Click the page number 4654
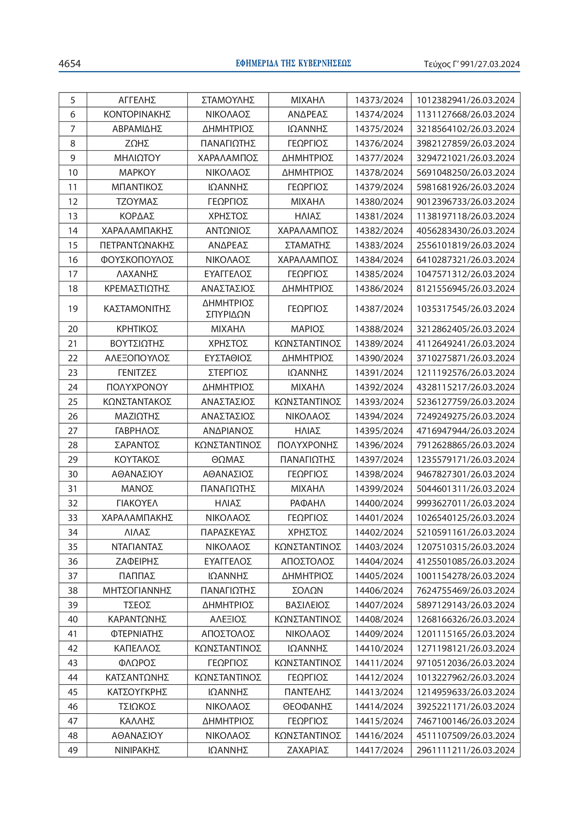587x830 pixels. click(x=70, y=64)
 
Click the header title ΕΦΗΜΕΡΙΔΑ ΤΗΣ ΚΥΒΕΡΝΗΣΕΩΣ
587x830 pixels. click(x=293, y=64)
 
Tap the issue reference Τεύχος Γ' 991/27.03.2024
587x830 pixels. click(x=472, y=64)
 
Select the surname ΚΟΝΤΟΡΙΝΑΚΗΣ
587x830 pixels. click(x=137, y=115)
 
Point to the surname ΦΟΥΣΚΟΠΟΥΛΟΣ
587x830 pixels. click(x=137, y=260)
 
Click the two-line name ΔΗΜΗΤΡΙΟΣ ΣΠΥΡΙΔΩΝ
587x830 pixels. click(x=228, y=309)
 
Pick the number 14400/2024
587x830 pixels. click(x=379, y=503)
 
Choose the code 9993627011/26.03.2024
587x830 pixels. click(x=466, y=503)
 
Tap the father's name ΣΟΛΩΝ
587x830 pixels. click(x=308, y=590)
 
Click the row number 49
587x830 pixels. click(x=73, y=750)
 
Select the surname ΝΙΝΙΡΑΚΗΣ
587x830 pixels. click(x=137, y=750)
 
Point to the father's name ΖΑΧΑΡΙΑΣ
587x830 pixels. click(x=308, y=750)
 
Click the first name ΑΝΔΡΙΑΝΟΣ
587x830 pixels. click(x=228, y=431)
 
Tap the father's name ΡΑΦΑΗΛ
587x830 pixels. click(x=308, y=503)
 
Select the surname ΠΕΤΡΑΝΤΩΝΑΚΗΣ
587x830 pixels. click(x=137, y=246)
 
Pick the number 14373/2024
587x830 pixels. click(x=379, y=100)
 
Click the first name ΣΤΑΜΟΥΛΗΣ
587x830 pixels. click(x=228, y=100)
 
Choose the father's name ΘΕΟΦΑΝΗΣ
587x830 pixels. click(x=308, y=707)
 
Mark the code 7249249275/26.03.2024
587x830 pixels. click(x=466, y=417)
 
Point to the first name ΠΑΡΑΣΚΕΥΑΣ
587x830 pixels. click(x=228, y=533)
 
